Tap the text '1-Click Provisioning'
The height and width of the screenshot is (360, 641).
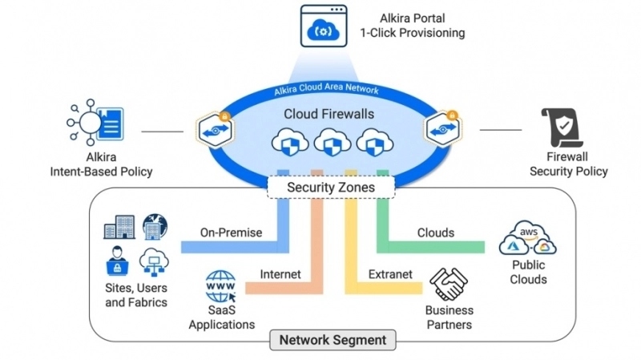(x=412, y=33)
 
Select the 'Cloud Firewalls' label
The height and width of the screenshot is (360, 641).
(x=329, y=114)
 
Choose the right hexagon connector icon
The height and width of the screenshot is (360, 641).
(x=441, y=130)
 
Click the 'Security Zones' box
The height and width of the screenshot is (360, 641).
(x=331, y=188)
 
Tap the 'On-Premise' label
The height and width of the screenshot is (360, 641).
(x=232, y=233)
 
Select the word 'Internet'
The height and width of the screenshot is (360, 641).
(x=280, y=274)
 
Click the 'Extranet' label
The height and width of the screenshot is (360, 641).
(x=390, y=274)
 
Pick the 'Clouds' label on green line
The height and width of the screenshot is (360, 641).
(x=436, y=233)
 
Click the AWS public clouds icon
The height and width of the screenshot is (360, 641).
(x=528, y=238)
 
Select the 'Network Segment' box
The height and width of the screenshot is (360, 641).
(x=333, y=340)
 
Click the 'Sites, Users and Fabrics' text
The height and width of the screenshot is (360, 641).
(x=136, y=295)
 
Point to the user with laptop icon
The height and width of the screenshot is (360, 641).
(x=117, y=260)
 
